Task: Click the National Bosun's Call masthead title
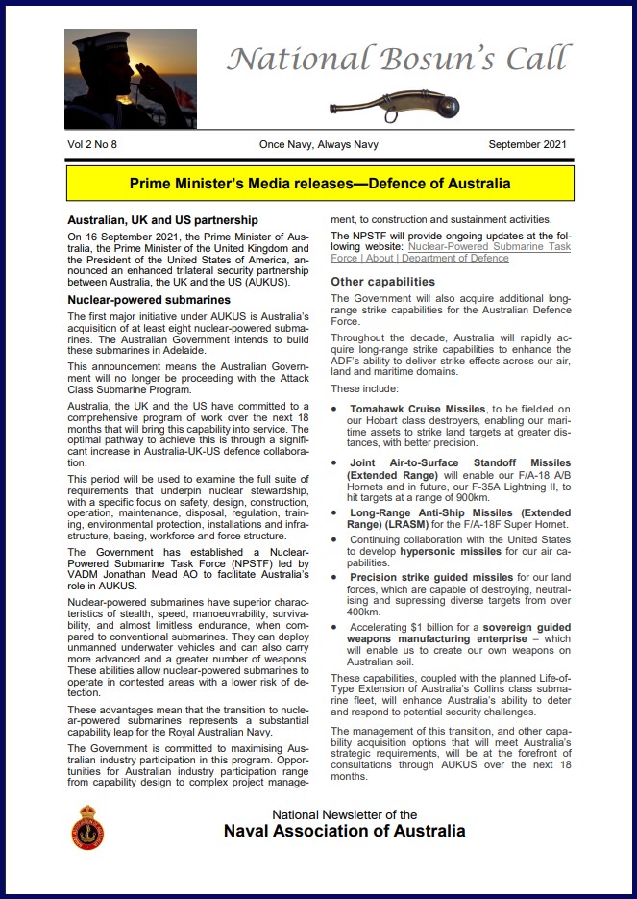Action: tap(397, 61)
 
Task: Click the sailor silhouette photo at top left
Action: tap(130, 79)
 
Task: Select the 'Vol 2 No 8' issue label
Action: tap(99, 145)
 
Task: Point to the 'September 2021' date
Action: tap(527, 145)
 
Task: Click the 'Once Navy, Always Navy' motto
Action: tap(318, 145)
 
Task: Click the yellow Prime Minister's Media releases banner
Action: tap(318, 183)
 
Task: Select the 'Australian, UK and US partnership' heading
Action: tap(162, 220)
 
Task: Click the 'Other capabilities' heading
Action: tap(382, 282)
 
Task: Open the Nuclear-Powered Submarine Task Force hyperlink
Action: tap(451, 253)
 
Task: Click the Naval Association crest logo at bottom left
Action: tap(88, 826)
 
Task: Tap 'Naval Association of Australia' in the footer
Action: tap(344, 831)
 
